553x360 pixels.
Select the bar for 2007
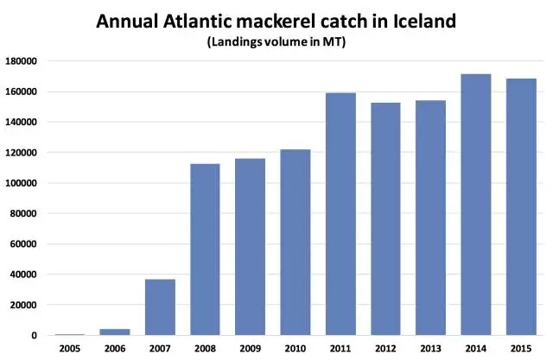(x=161, y=306)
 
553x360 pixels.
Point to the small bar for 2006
(x=116, y=332)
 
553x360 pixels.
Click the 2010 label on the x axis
(x=296, y=349)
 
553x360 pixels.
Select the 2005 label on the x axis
(x=71, y=349)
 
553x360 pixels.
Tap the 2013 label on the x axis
(x=430, y=349)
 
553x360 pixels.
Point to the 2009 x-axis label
(x=251, y=349)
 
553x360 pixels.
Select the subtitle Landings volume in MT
(x=276, y=41)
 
